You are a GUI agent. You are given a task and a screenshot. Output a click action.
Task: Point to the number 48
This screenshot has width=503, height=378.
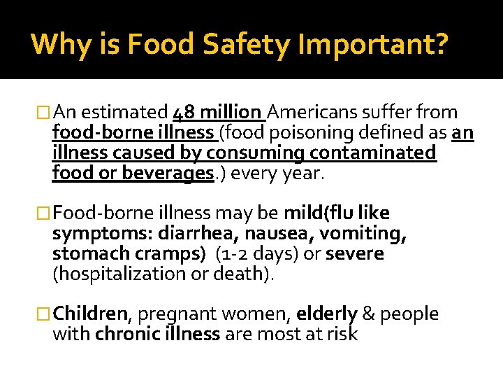click(x=186, y=112)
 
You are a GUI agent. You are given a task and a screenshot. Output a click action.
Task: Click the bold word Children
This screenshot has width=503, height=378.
click(x=91, y=314)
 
